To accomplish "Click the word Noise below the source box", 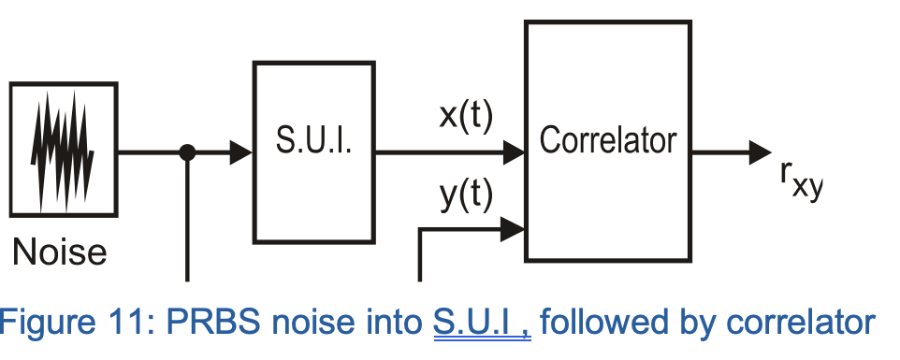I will tap(60, 251).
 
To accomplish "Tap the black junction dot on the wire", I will tap(187, 152).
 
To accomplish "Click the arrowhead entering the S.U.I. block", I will tap(241, 152).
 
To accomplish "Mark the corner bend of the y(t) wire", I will tap(420, 228).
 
